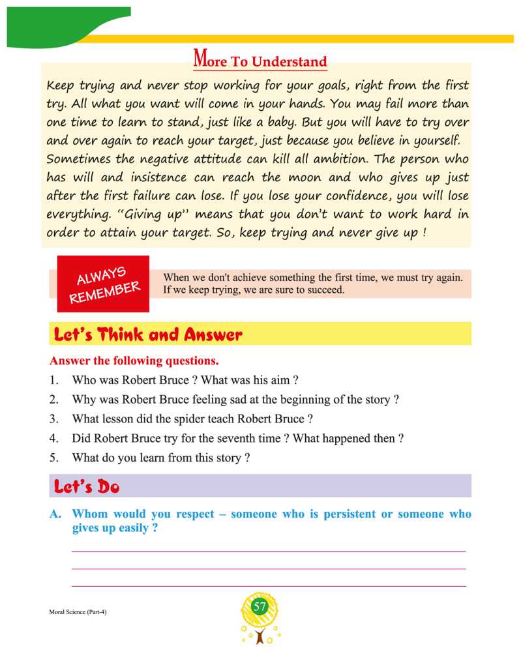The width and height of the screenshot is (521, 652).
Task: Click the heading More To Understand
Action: click(x=260, y=61)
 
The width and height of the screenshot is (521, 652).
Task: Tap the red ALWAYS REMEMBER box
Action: click(x=104, y=284)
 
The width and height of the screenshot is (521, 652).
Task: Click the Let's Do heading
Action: click(x=87, y=486)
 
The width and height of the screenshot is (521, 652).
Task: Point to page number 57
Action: click(x=260, y=607)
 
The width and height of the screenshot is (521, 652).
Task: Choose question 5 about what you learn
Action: click(x=160, y=458)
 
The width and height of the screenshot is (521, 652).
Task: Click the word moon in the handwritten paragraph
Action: click(x=315, y=177)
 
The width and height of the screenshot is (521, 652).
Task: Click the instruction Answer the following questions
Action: click(x=134, y=361)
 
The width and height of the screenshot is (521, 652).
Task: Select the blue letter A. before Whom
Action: click(x=56, y=514)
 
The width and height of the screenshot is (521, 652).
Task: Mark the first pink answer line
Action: click(x=269, y=552)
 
